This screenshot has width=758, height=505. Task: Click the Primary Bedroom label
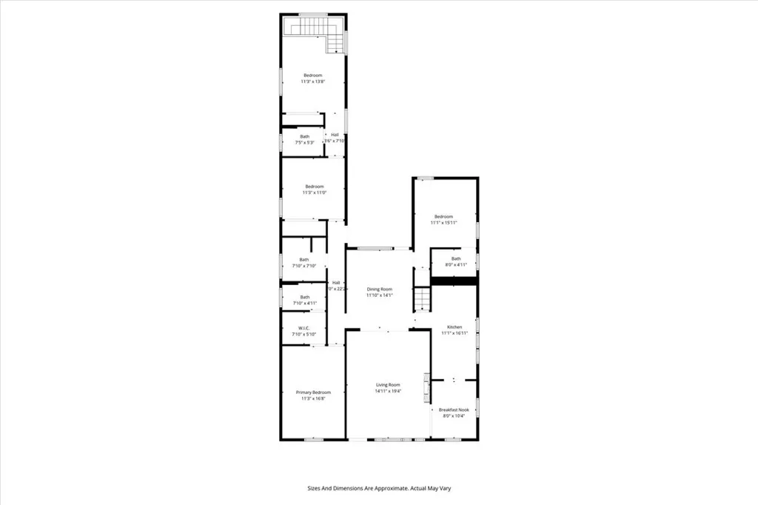(313, 392)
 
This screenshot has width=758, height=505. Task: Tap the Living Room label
(388, 385)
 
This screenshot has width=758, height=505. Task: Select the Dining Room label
(379, 289)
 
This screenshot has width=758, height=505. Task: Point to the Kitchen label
(454, 327)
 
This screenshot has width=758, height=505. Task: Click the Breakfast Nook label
(454, 409)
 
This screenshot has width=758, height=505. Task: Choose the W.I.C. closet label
(303, 328)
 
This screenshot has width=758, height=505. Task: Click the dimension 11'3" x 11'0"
(314, 193)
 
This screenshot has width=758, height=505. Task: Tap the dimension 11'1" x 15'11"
(444, 222)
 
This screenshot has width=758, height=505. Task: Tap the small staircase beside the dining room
(421, 300)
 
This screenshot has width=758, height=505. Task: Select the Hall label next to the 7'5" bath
(335, 134)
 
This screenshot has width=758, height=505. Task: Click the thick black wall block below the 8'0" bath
(454, 281)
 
